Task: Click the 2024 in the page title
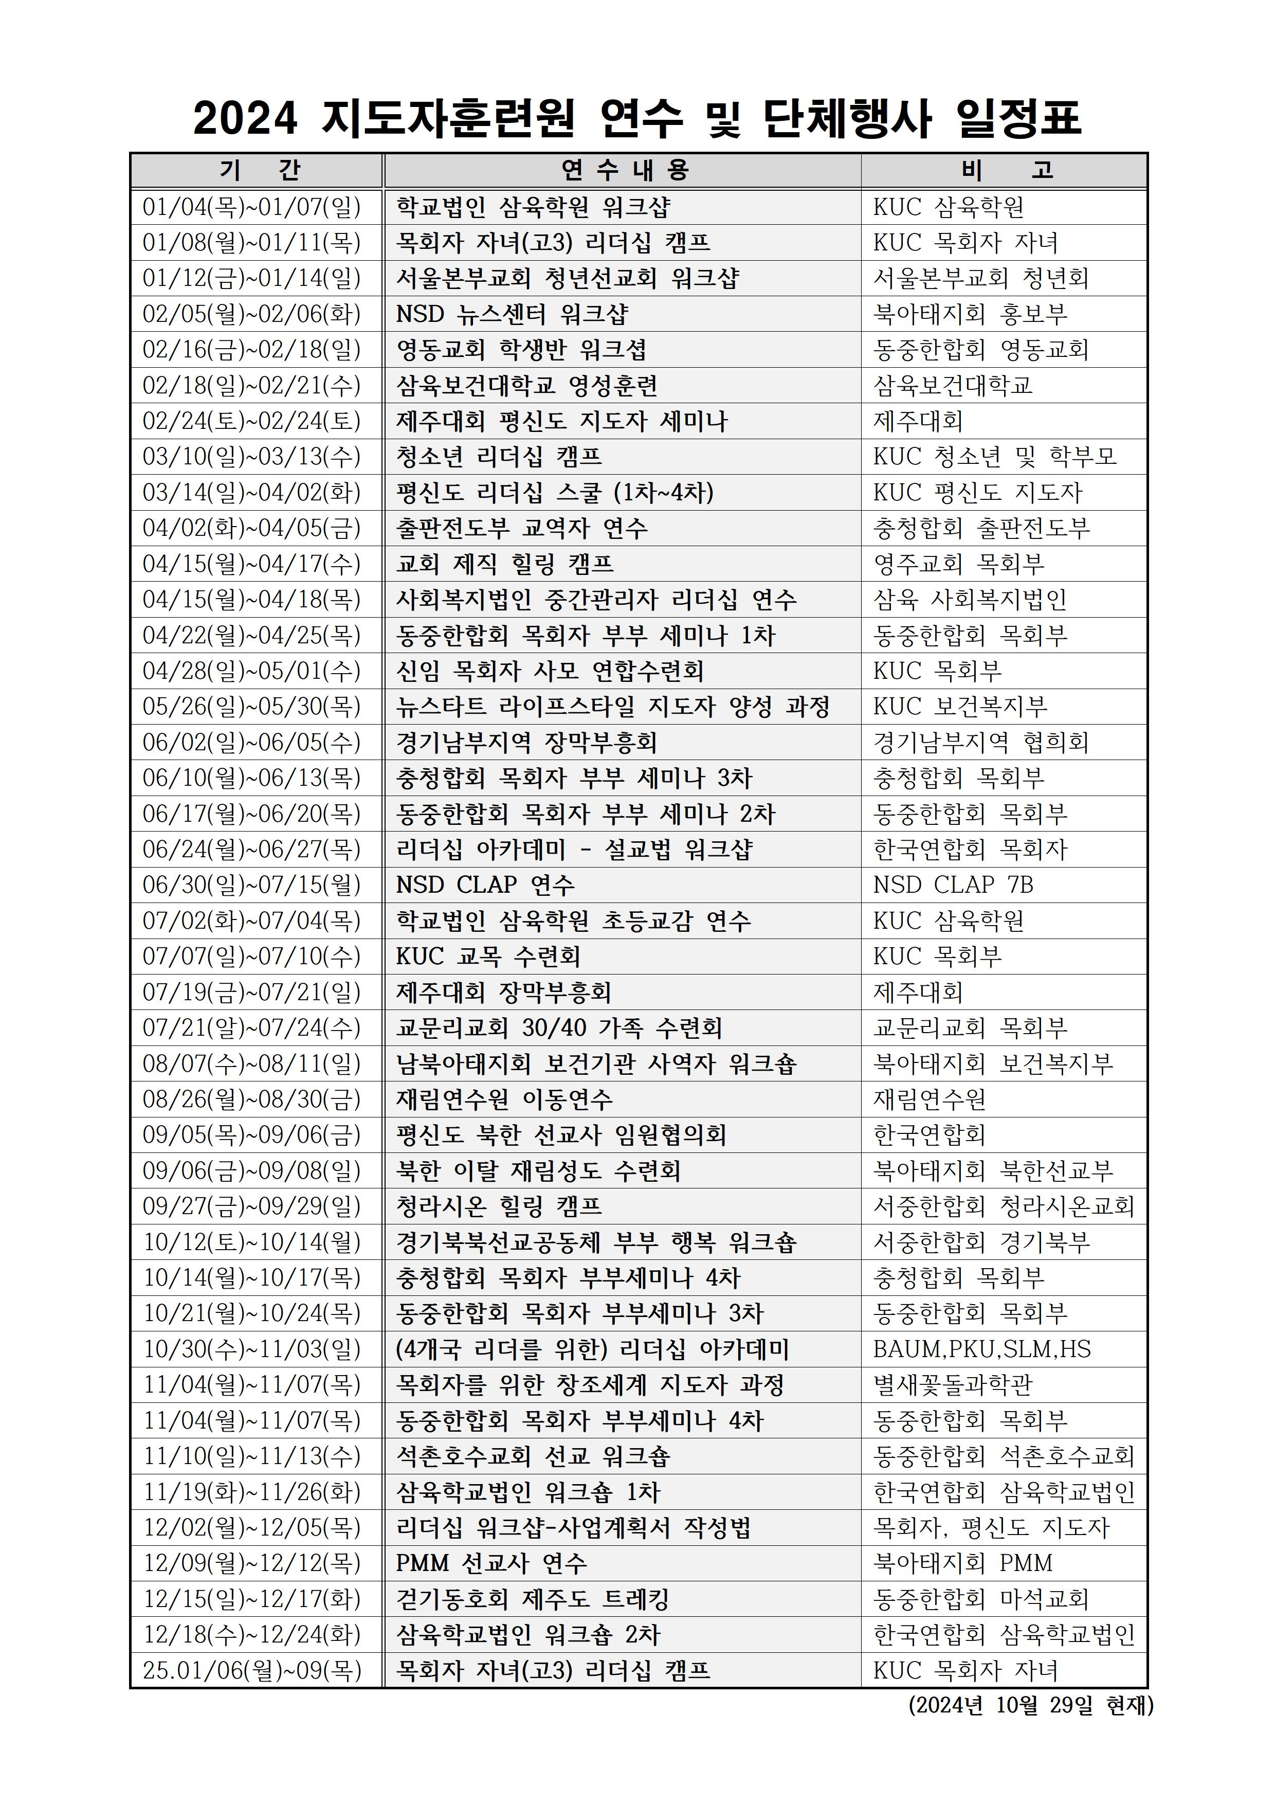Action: [x=245, y=119]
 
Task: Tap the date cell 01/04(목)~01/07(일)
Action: [x=251, y=207]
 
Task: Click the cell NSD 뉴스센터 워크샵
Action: [x=512, y=314]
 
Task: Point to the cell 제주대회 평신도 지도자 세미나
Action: [x=562, y=421]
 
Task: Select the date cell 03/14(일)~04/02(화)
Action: [x=251, y=493]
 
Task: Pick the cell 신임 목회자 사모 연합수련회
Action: [x=550, y=671]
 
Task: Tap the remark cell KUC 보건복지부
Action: [x=960, y=707]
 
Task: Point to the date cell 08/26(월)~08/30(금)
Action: [x=251, y=1099]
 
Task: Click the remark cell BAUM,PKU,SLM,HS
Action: [x=982, y=1349]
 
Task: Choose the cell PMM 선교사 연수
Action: [x=491, y=1563]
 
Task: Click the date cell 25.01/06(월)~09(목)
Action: [x=251, y=1670]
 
